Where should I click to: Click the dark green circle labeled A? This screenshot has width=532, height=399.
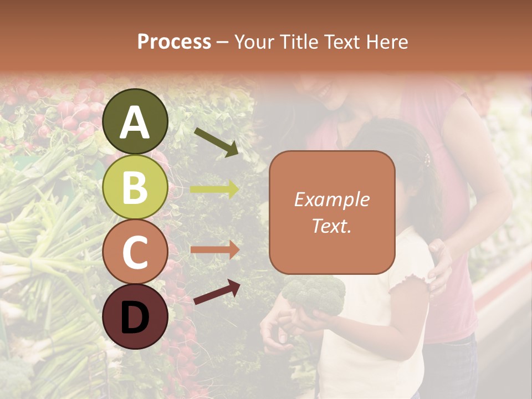[x=136, y=121]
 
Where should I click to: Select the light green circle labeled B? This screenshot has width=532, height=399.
[x=136, y=187]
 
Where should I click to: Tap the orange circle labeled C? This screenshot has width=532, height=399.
[x=136, y=252]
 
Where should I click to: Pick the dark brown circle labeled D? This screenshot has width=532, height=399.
[x=136, y=317]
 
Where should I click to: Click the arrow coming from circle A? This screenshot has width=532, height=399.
[x=217, y=142]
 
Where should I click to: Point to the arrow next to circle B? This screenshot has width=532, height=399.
[x=215, y=190]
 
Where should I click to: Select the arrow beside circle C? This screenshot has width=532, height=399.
[x=215, y=250]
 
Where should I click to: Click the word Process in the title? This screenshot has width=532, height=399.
[x=174, y=42]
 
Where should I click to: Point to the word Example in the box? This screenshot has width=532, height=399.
[x=332, y=199]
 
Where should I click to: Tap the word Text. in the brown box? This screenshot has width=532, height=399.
[x=332, y=226]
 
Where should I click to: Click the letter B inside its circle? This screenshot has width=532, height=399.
[x=136, y=187]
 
